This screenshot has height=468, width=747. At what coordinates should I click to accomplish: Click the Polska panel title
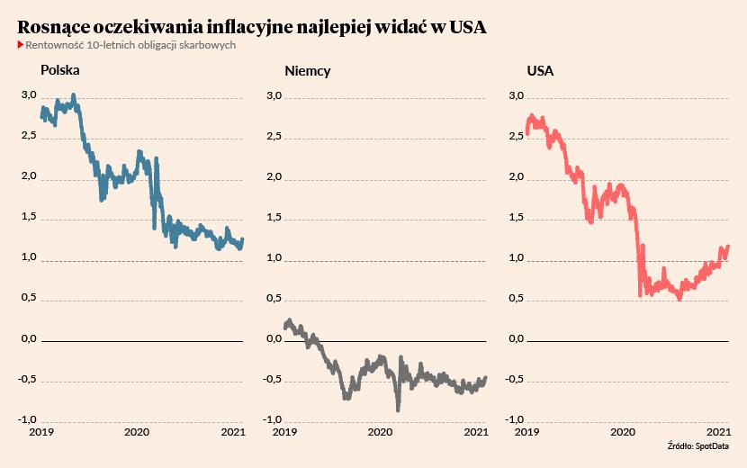point(60,69)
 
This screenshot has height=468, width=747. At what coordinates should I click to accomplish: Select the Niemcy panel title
point(307,70)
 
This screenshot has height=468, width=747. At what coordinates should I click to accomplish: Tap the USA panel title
point(540,70)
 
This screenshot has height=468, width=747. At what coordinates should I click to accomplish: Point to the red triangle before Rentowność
point(21,45)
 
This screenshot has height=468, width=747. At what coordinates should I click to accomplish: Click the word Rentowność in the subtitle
point(59,45)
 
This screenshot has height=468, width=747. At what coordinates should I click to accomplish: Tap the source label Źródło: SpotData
point(697,446)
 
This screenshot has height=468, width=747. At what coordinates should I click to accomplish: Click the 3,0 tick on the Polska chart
point(28,95)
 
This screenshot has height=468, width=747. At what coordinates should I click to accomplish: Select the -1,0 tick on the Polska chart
point(27,419)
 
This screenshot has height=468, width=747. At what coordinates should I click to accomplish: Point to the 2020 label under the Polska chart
point(136,432)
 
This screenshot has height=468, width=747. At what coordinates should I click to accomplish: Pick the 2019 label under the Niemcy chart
point(284,432)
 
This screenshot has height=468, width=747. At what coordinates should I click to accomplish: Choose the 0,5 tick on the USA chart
point(517,298)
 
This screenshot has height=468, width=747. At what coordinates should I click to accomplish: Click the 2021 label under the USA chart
point(717,432)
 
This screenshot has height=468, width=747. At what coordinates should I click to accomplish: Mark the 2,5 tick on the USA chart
point(517,136)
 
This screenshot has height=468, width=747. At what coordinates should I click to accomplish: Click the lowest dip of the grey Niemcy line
point(398,409)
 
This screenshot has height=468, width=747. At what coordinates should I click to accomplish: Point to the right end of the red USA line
point(728,246)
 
